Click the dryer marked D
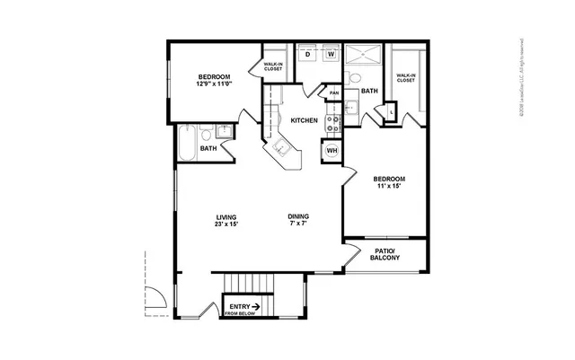point(308,55)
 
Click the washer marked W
point(330,55)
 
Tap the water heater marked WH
point(331,150)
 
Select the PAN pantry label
point(333,93)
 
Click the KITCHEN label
point(303,120)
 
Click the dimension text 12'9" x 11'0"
point(216,84)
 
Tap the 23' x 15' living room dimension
point(226,224)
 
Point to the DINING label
point(299,216)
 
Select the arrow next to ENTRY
point(256,306)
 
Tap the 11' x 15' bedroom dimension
point(389,186)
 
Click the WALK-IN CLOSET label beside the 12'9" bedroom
point(273,67)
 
